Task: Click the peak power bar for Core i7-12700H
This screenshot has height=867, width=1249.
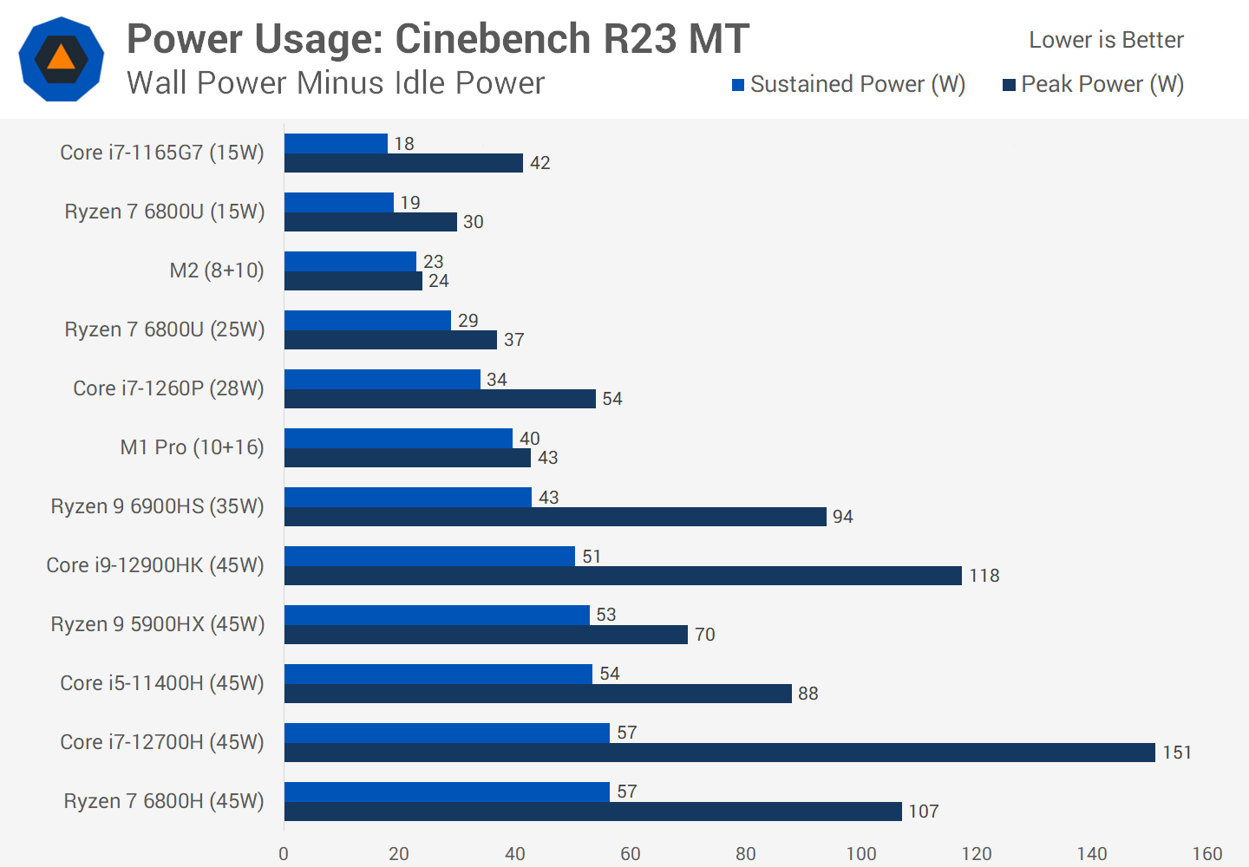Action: [x=720, y=753]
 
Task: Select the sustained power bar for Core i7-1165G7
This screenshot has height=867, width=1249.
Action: [x=336, y=143]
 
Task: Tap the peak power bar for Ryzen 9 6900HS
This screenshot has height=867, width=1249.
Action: [x=555, y=517]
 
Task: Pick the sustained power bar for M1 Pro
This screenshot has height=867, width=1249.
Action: [x=398, y=438]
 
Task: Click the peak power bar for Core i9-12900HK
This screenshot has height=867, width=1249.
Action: [x=623, y=576]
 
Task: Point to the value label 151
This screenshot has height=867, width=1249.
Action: [x=1177, y=753]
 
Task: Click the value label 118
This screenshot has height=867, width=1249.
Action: [x=984, y=576]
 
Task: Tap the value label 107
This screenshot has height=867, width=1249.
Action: [x=924, y=812]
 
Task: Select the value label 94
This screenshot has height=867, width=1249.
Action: [x=842, y=517]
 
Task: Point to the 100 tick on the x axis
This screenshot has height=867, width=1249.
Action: [x=861, y=854]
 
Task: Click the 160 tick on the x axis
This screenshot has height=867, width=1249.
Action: [x=1207, y=854]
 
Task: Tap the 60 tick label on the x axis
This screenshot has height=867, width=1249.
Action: [x=631, y=854]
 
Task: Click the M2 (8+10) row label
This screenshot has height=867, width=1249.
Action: [x=217, y=271]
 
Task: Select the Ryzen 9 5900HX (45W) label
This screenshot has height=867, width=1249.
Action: [x=157, y=624]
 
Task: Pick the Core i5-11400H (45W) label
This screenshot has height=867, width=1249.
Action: [x=161, y=683]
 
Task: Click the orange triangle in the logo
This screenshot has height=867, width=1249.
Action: [x=61, y=58]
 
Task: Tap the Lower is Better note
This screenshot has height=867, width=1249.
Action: [x=1106, y=40]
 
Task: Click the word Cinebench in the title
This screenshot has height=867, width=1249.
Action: [x=493, y=39]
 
